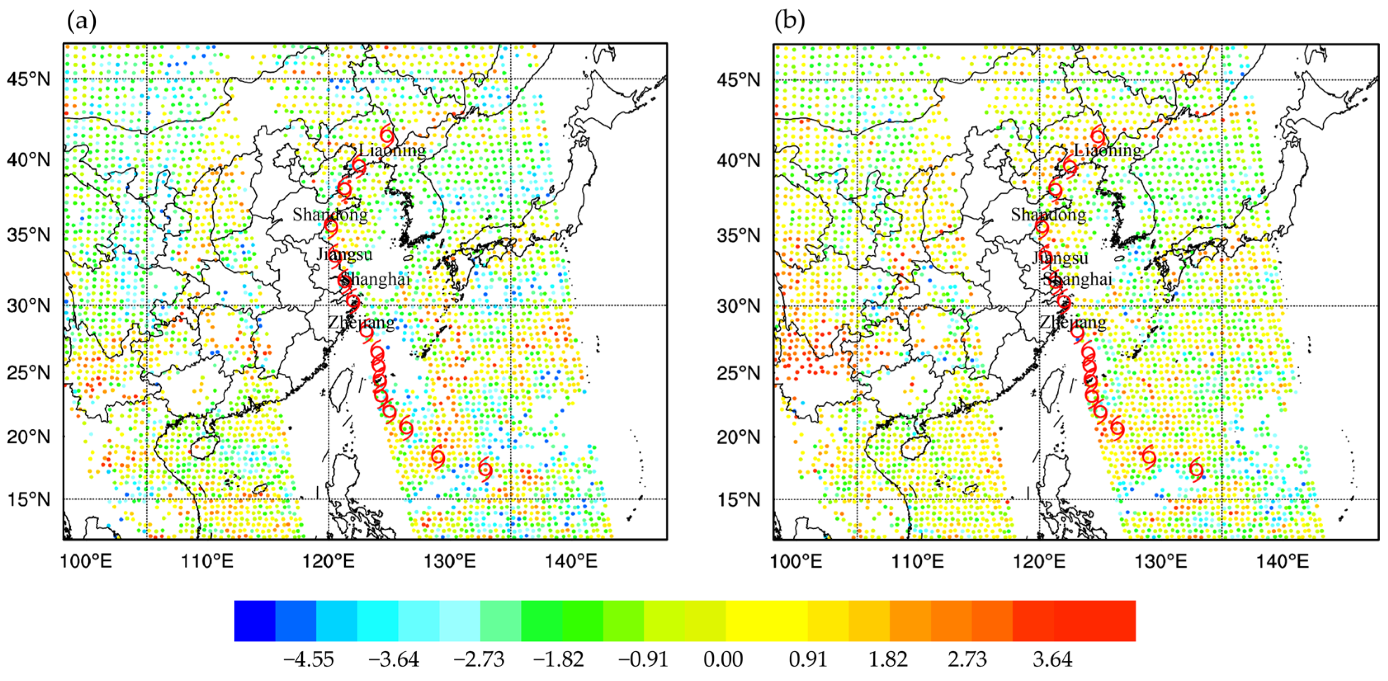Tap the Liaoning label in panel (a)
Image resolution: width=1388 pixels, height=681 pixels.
click(x=392, y=150)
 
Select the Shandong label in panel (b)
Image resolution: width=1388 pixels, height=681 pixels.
click(x=1048, y=214)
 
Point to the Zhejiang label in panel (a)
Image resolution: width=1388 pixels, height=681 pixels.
click(x=361, y=323)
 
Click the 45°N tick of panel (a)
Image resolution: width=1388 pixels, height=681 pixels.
click(x=28, y=80)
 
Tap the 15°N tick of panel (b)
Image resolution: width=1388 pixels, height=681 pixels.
click(x=738, y=500)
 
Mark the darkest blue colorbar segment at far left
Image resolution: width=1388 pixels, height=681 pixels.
click(x=255, y=621)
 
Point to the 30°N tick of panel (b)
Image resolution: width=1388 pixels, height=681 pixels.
click(x=738, y=306)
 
